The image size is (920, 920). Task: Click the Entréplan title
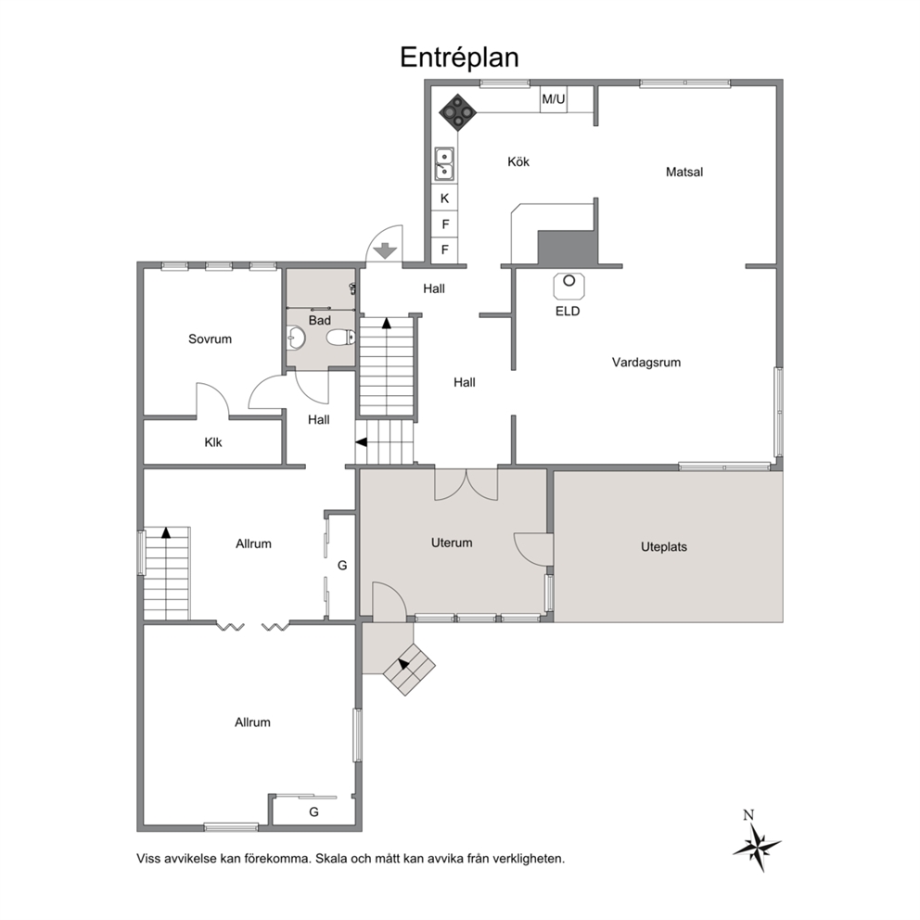[459, 58]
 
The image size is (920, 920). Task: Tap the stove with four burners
[457, 111]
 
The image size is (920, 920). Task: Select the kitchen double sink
[444, 164]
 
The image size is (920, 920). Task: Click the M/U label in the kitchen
[554, 99]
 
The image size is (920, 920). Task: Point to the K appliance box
[445, 198]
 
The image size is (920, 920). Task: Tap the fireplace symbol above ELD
[569, 286]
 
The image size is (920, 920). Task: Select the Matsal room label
[684, 172]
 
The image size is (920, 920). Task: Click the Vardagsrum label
[646, 362]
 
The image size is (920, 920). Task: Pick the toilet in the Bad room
[341, 338]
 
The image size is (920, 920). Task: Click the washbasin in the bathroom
[296, 338]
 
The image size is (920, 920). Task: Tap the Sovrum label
[210, 339]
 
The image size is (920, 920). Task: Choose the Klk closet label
[213, 441]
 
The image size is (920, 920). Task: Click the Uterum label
[452, 543]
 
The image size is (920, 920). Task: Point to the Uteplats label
[664, 547]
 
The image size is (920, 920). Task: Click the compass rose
[757, 847]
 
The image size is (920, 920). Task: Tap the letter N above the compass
[748, 814]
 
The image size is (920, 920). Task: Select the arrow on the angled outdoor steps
[403, 664]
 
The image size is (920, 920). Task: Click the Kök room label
[518, 161]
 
